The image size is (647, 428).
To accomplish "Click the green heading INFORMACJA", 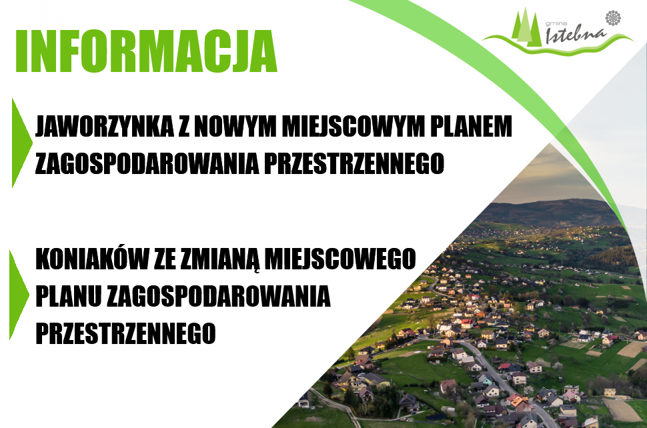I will click(x=146, y=51).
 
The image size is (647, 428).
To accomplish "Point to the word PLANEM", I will click(x=478, y=127).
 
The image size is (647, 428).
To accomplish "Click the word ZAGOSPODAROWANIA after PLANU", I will click(x=217, y=296).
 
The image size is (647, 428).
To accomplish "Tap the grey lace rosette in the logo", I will click(x=612, y=18).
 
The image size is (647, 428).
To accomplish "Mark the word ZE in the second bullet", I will click(x=165, y=259).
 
